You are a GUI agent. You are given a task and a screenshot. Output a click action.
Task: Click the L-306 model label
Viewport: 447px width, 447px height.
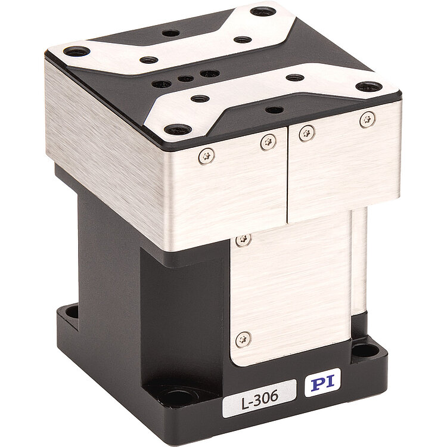coord(259,398)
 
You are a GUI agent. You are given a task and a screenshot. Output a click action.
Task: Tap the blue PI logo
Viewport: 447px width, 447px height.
coord(322,383)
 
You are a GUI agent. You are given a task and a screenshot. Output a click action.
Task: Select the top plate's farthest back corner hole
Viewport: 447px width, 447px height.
coord(263,12)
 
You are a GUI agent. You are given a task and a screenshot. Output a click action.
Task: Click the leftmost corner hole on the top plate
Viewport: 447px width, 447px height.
coord(77,52)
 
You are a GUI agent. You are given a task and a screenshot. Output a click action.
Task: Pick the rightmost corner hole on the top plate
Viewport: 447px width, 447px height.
coord(369,86)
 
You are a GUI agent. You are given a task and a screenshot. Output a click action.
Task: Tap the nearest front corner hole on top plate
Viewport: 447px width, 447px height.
coord(178,130)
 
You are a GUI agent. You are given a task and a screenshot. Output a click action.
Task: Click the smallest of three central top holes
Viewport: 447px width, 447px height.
coord(185,79)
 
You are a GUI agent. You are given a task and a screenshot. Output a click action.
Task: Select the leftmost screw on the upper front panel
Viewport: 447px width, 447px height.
coord(207,156)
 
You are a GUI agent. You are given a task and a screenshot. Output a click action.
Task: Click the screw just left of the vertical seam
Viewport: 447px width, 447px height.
coord(268,142)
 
